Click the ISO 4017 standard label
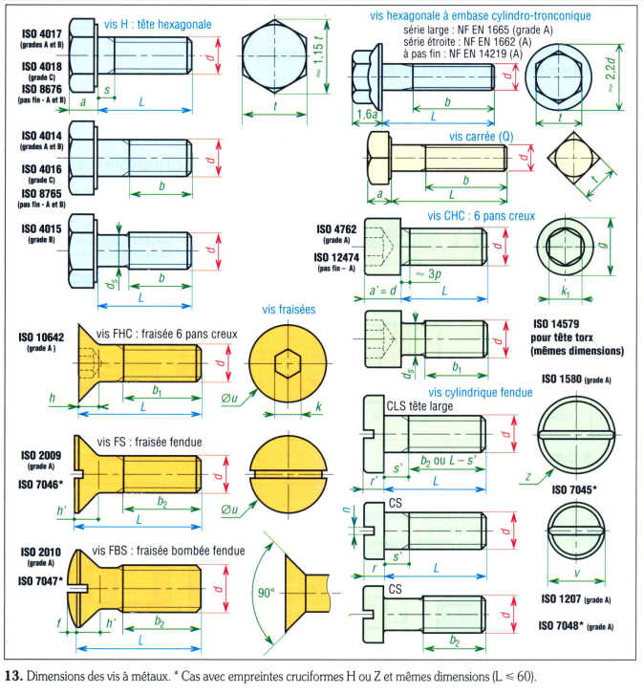[x=42, y=34]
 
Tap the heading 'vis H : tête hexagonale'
[x=158, y=24]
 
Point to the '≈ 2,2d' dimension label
[x=610, y=75]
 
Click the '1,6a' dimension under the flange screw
[x=368, y=114]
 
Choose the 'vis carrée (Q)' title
[x=482, y=137]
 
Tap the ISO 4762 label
[x=336, y=228]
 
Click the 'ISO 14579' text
[x=556, y=324]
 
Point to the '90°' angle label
[x=267, y=593]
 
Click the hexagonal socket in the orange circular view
[x=288, y=363]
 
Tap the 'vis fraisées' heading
[x=289, y=310]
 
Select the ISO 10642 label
[x=41, y=337]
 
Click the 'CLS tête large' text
[x=419, y=406]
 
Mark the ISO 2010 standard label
[x=41, y=553]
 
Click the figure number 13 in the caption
[x=12, y=676]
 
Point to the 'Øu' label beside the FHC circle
[x=229, y=399]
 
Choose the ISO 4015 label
[x=42, y=228]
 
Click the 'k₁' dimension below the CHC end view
[x=566, y=293]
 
